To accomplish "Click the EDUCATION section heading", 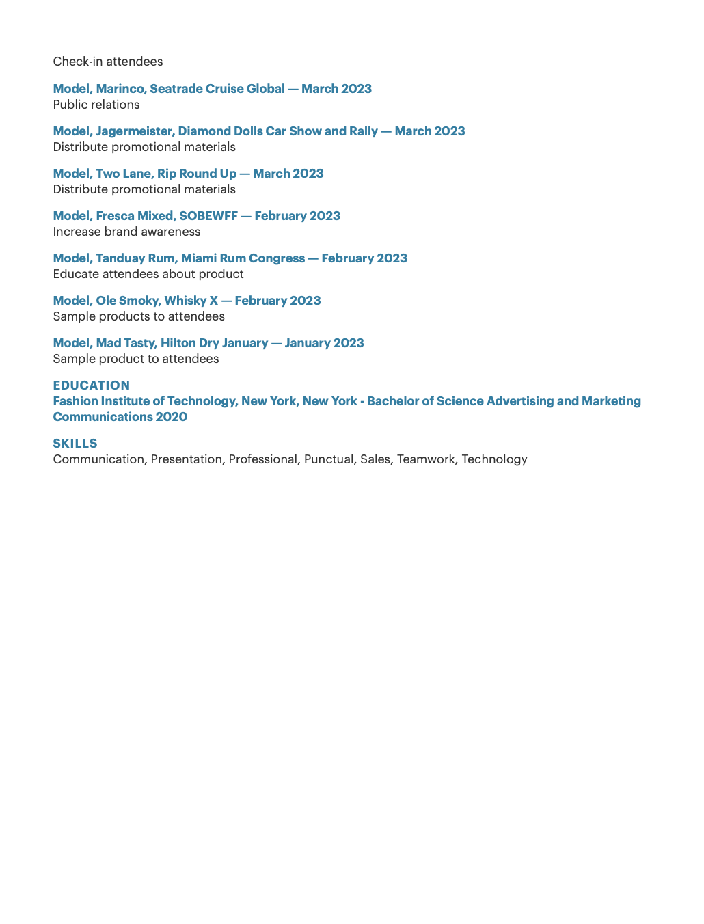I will coord(91,385).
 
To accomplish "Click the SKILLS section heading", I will coord(75,444).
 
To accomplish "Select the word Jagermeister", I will coord(135,131).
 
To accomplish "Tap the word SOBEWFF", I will coord(208,216).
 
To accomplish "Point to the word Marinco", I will coord(121,89).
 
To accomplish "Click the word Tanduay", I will coord(120,258).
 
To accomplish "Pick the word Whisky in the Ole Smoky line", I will coord(185,301).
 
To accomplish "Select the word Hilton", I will coord(178,343).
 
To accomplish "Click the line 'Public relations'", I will coord(96,105).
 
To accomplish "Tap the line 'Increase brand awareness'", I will coord(126,232).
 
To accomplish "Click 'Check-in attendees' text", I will coord(108,62).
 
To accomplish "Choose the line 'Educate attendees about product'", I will coord(148,274).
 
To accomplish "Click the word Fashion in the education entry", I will coord(75,401).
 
